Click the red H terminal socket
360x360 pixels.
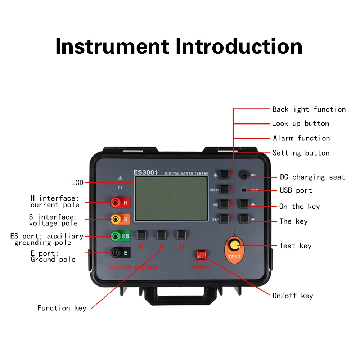(115, 203)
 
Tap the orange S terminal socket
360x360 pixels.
(115, 219)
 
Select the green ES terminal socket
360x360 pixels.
(115, 236)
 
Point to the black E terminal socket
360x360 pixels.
(115, 253)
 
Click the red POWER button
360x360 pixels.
(201, 255)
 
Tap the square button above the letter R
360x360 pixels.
(141, 235)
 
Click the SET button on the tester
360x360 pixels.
(225, 219)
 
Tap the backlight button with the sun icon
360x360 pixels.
(225, 175)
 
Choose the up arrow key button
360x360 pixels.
(244, 204)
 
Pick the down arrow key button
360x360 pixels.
(244, 219)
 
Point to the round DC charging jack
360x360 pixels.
(245, 176)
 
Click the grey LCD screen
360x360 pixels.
(171, 199)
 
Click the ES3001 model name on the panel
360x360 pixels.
(146, 172)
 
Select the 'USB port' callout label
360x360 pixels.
(296, 190)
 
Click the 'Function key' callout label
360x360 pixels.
(62, 308)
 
